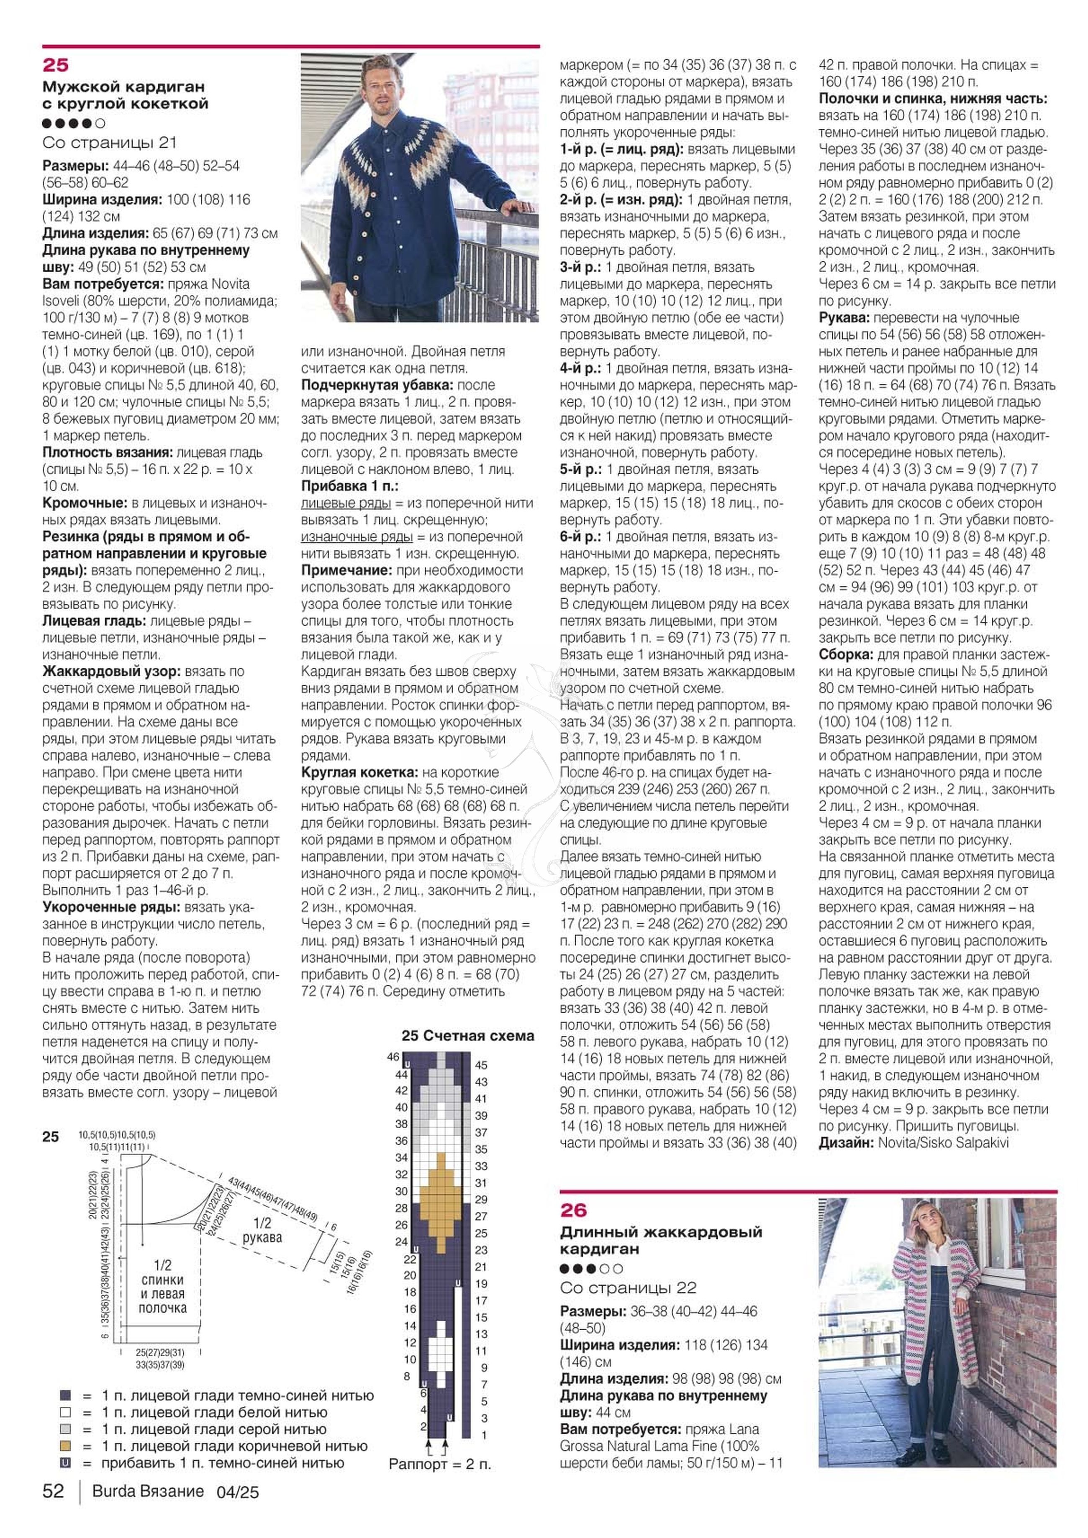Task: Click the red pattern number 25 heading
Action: click(56, 65)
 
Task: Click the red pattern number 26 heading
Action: click(574, 1211)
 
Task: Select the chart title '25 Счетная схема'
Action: click(468, 1036)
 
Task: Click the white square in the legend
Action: click(65, 1412)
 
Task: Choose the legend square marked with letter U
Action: click(65, 1463)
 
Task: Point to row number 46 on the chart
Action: click(393, 1056)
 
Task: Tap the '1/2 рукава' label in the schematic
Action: click(262, 1231)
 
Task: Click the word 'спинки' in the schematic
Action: click(162, 1280)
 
